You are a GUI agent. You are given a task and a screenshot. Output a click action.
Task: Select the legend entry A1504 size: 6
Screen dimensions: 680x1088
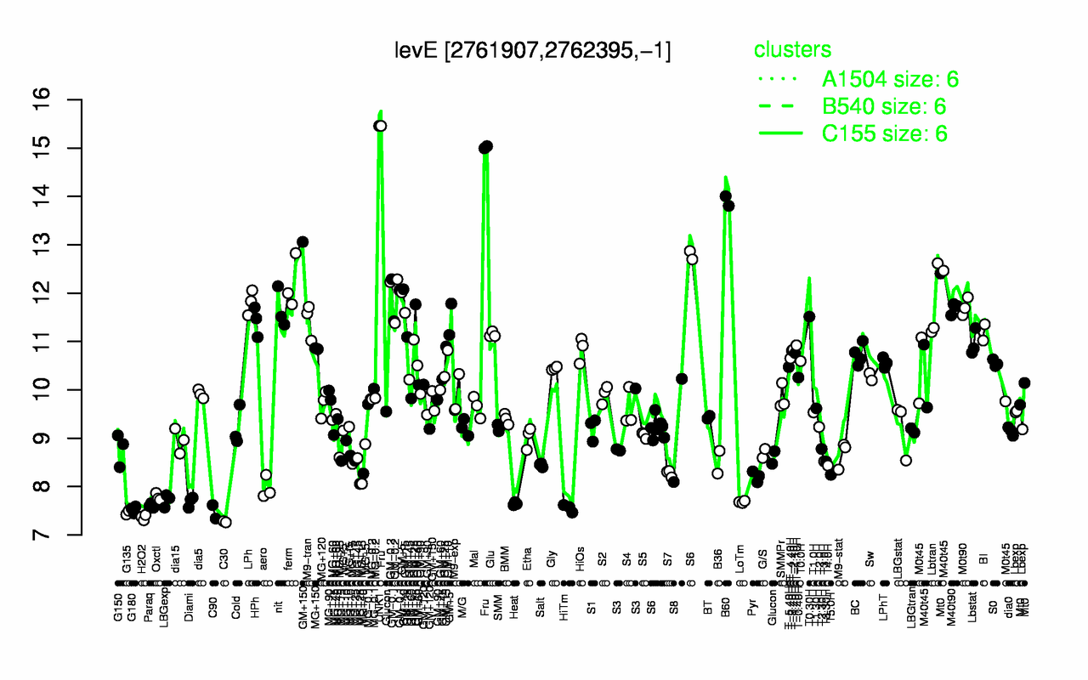pos(891,79)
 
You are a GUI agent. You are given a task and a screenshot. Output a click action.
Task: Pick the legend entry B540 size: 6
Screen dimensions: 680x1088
pos(884,106)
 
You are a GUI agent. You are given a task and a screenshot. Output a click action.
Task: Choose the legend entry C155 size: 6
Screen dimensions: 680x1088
pos(884,133)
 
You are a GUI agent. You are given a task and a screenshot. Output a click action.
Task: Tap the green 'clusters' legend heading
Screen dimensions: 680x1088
pos(792,50)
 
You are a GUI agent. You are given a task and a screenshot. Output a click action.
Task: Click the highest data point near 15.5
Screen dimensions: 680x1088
pos(381,126)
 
